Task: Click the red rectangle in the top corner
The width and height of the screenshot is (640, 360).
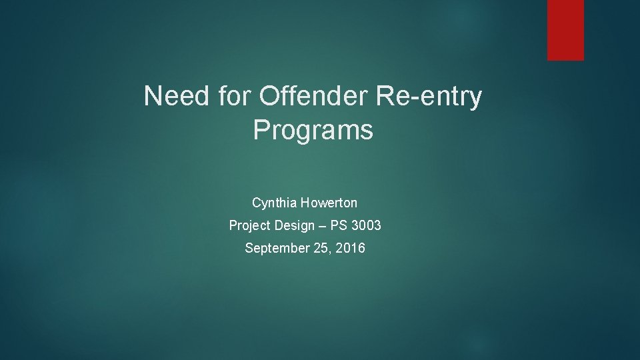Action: [x=565, y=29]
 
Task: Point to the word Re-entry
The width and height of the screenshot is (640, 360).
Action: [x=429, y=97]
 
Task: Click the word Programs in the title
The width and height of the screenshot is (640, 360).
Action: [x=313, y=131]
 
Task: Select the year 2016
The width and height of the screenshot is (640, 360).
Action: [x=351, y=249]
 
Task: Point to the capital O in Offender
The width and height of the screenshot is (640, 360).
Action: [x=268, y=97]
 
